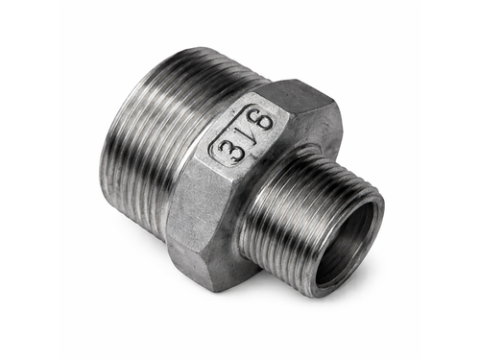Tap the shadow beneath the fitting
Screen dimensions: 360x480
(288, 307)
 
